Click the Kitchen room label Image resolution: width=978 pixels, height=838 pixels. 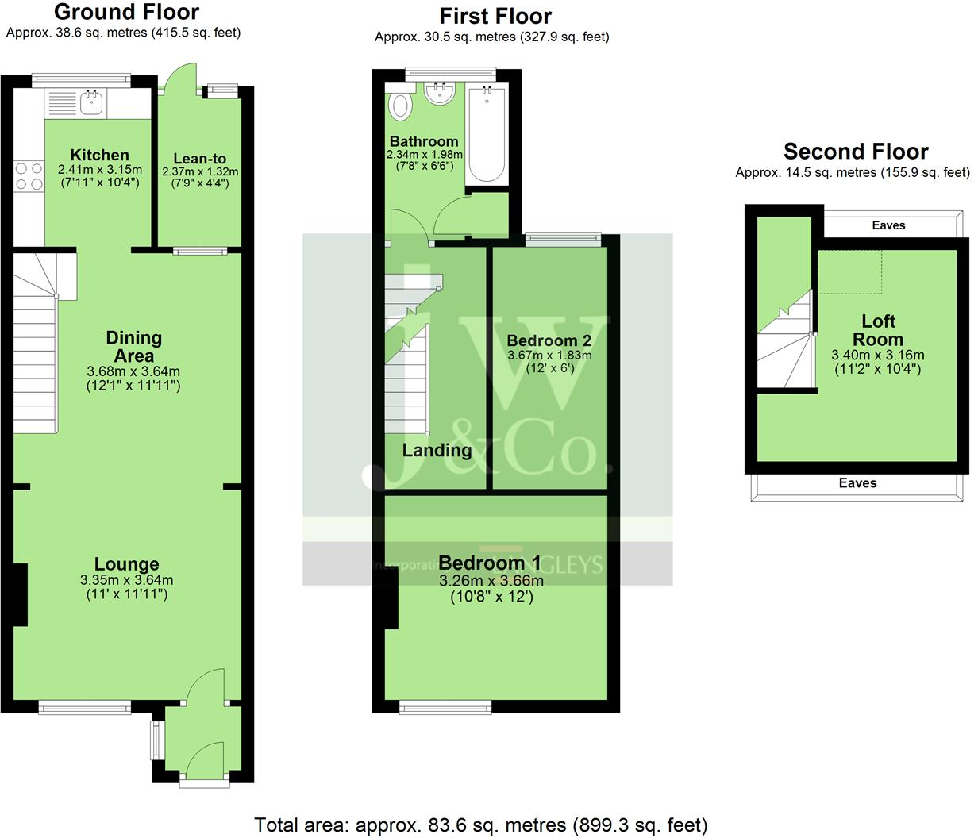99,155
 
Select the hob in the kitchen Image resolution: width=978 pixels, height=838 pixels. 29,176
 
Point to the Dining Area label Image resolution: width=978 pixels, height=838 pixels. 133,346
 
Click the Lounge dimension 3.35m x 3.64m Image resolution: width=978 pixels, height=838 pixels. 127,580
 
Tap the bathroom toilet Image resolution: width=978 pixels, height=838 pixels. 401,104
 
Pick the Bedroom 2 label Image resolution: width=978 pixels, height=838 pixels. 549,340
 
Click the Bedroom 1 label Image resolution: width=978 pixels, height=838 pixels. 490,563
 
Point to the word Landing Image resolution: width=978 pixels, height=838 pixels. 437,451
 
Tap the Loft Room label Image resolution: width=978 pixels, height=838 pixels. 879,330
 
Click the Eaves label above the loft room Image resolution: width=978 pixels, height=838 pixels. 888,225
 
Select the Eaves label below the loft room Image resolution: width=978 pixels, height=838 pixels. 858,482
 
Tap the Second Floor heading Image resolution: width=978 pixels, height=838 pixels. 856,152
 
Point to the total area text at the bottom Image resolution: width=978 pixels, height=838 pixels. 480,825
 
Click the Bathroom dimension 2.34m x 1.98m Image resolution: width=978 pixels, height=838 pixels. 425,155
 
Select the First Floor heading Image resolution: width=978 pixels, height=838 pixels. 495,16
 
